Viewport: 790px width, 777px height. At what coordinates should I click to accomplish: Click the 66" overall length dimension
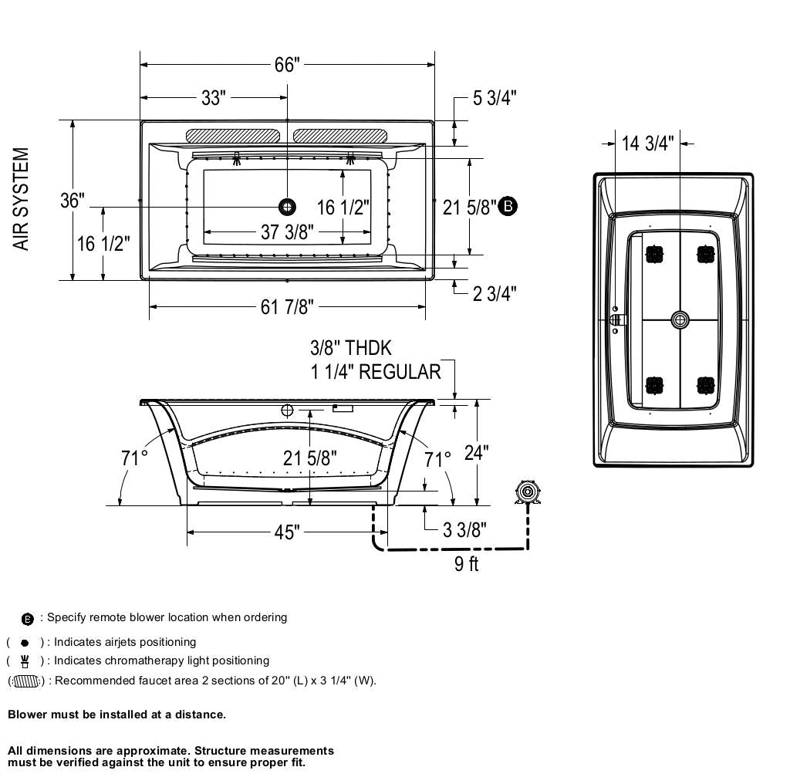pyautogui.click(x=285, y=65)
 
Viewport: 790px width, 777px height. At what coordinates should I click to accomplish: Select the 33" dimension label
pyautogui.click(x=213, y=98)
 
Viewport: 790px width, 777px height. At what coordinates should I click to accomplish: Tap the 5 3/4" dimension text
pyautogui.click(x=495, y=98)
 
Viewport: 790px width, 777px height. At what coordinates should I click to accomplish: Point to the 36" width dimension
pyautogui.click(x=73, y=201)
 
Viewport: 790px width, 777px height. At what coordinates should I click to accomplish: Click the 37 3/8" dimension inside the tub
pyautogui.click(x=286, y=232)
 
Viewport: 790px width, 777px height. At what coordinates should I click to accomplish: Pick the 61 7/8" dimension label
pyautogui.click(x=287, y=307)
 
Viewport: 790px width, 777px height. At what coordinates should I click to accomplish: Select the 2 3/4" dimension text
pyautogui.click(x=495, y=293)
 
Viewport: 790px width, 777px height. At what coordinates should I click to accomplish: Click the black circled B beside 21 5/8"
pyautogui.click(x=508, y=206)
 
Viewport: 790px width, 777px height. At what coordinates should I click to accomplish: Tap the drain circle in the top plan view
pyautogui.click(x=287, y=206)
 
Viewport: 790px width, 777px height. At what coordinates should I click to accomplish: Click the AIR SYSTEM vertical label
pyautogui.click(x=22, y=199)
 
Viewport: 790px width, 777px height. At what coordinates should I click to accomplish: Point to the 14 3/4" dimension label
pyautogui.click(x=647, y=144)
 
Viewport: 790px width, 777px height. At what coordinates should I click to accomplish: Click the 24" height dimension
pyautogui.click(x=476, y=452)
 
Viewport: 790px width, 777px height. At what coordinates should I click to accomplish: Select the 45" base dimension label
pyautogui.click(x=286, y=532)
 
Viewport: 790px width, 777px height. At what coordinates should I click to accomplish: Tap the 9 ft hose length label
pyautogui.click(x=466, y=564)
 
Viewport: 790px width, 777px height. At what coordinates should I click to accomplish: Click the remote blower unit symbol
pyautogui.click(x=528, y=492)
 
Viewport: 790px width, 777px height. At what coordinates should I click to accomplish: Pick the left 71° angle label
pyautogui.click(x=134, y=458)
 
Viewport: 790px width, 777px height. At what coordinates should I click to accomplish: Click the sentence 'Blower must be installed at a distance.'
pyautogui.click(x=117, y=715)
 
